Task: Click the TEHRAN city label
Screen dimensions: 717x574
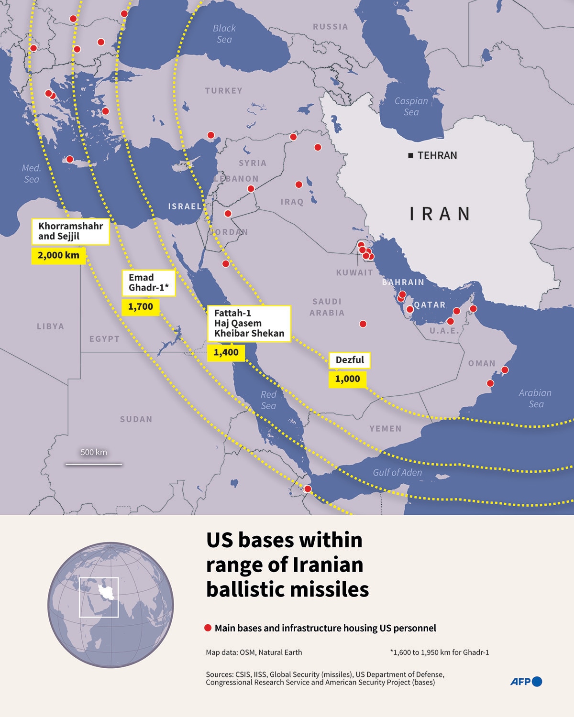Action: click(x=437, y=155)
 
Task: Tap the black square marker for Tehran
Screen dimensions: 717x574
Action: click(x=410, y=155)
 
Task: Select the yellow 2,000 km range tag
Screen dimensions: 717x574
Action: click(x=58, y=255)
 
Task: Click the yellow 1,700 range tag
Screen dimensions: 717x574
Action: click(x=141, y=307)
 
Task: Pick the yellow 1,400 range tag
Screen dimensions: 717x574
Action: click(x=226, y=353)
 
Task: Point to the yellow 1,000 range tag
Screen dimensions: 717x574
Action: click(x=347, y=379)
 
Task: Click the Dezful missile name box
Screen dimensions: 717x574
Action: click(x=350, y=360)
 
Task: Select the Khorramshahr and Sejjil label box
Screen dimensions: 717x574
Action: click(x=70, y=231)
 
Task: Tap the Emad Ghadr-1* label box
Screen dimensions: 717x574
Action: click(x=149, y=282)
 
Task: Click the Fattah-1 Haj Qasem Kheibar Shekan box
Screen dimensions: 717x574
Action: click(x=249, y=324)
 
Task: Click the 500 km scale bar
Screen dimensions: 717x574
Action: click(x=94, y=463)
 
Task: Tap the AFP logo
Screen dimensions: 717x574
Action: click(x=526, y=682)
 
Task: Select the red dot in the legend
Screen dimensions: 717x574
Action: click(x=208, y=628)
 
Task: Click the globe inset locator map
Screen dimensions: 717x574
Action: click(x=110, y=605)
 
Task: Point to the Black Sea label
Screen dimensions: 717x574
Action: click(x=224, y=34)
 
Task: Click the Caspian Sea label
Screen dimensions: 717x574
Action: click(x=411, y=106)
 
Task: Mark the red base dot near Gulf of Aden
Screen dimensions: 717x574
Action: click(x=308, y=489)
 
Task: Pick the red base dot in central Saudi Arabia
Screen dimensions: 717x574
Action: click(x=363, y=324)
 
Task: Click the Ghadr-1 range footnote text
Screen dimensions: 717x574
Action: click(x=439, y=652)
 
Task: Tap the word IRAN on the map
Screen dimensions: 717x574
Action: click(x=440, y=214)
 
